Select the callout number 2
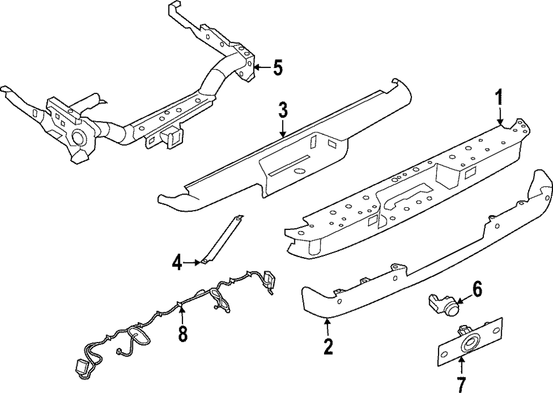pyautogui.click(x=328, y=347)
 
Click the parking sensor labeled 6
pyautogui.click(x=444, y=302)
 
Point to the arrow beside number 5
pyautogui.click(x=260, y=68)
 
